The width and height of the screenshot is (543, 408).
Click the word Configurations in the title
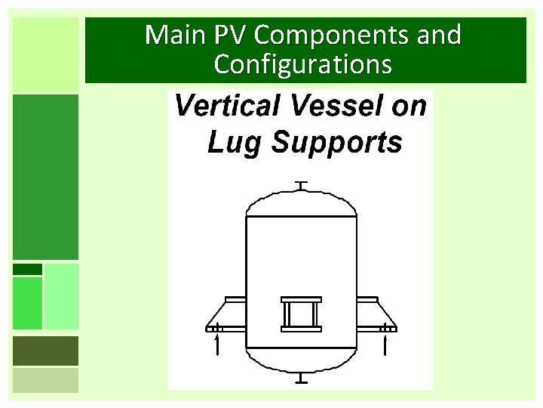point(302,64)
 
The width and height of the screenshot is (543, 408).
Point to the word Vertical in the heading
point(226,106)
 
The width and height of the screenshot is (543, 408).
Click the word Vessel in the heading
point(337,106)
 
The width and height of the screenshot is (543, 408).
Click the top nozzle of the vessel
point(301,186)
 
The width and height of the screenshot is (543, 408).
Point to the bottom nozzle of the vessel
point(301,377)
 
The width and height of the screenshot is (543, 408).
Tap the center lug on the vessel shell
point(301,314)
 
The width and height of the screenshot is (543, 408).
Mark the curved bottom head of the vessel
point(301,359)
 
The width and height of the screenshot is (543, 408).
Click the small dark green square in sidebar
point(27,269)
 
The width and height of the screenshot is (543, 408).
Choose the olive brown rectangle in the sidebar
point(45,351)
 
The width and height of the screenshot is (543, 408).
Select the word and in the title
point(432,35)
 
